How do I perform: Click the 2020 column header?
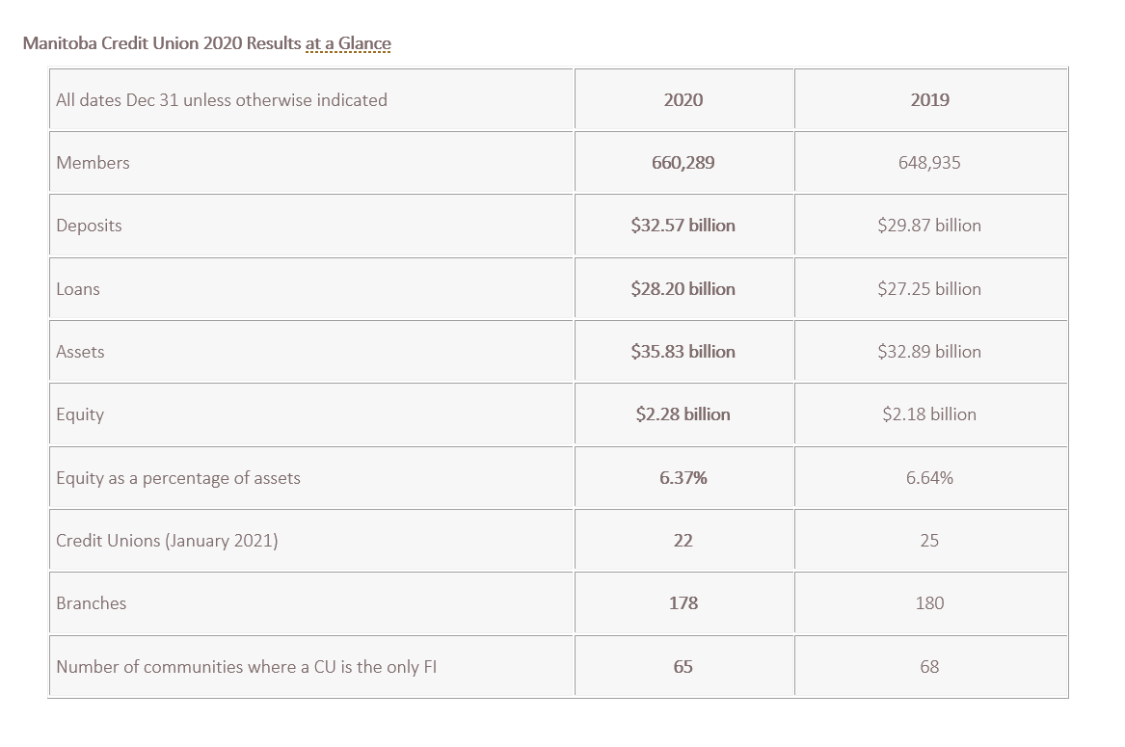tap(683, 99)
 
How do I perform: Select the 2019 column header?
tap(929, 99)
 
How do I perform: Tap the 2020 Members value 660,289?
tap(683, 163)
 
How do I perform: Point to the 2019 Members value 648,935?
tap(929, 163)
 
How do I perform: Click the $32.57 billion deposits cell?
tap(683, 226)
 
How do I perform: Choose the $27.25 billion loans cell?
tap(929, 289)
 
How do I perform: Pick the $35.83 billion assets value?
tap(683, 352)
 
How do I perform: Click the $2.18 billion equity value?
tap(929, 414)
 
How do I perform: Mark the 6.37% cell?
tap(683, 478)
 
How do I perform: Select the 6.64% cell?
tap(929, 478)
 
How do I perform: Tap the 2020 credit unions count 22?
tap(683, 541)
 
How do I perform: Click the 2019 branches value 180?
tap(929, 603)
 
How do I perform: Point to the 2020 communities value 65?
tap(683, 667)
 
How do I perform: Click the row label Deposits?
tap(89, 226)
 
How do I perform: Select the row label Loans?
tap(78, 289)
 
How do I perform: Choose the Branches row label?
tap(92, 603)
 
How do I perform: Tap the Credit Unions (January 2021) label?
tap(167, 541)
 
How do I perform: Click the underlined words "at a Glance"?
tap(348, 43)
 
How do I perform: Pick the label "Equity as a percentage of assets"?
tap(178, 478)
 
